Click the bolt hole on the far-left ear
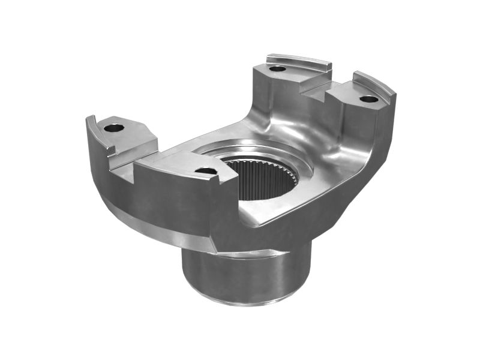click(113, 127)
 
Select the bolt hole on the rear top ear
click(277, 68)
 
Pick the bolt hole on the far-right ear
click(369, 98)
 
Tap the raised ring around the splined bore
click(252, 150)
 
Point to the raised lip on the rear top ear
click(300, 60)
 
